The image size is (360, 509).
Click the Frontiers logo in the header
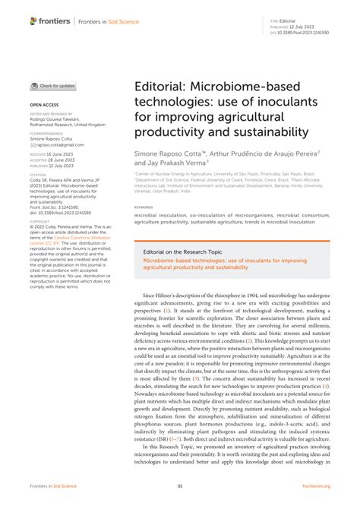pyautogui.click(x=48, y=21)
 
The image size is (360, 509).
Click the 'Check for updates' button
pyautogui.click(x=53, y=87)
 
